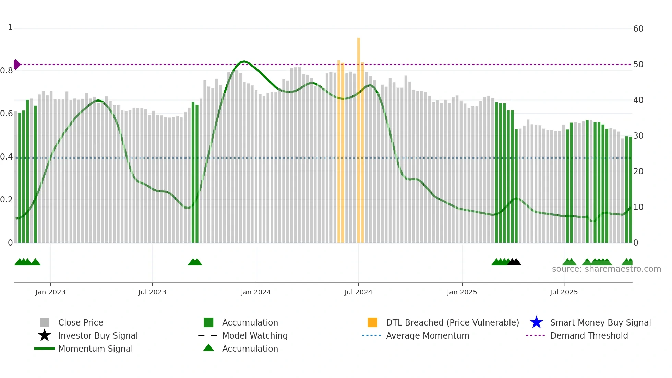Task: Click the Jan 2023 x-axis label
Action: (x=50, y=292)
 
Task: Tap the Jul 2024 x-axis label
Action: (x=358, y=292)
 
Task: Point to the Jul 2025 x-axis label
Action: (x=564, y=292)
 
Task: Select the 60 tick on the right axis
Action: (x=638, y=29)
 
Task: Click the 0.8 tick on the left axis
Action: (x=7, y=71)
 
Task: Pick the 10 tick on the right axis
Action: (x=638, y=207)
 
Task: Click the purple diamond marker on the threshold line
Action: (x=16, y=64)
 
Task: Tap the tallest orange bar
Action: (x=359, y=137)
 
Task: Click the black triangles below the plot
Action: (x=514, y=262)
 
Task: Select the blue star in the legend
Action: (x=536, y=322)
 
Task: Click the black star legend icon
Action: (x=45, y=335)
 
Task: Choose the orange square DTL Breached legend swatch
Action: (x=372, y=322)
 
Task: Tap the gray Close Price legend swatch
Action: (x=45, y=322)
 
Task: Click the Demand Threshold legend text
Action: (x=589, y=335)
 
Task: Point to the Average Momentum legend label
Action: (x=428, y=335)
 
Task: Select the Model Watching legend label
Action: (x=255, y=335)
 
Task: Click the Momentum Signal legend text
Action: (x=95, y=349)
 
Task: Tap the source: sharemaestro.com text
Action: (x=606, y=269)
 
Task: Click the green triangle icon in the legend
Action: (x=208, y=348)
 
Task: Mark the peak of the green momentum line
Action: (x=243, y=61)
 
